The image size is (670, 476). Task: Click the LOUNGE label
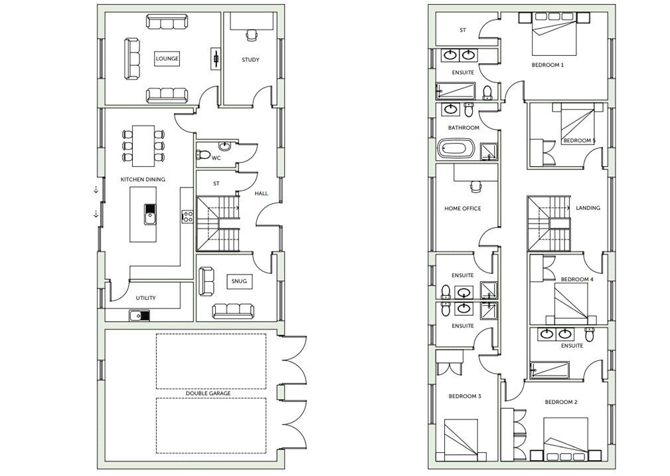tap(167, 59)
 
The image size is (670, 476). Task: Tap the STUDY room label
tap(250, 60)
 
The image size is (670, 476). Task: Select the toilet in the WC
tap(204, 154)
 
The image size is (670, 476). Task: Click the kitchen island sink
tap(150, 214)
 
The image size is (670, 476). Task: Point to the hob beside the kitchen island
tap(187, 217)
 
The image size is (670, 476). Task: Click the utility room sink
tap(139, 316)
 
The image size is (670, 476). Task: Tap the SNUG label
tap(239, 281)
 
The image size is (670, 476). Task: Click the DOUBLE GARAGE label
tap(208, 393)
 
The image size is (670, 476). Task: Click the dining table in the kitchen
tap(143, 146)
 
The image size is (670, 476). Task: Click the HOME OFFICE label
tap(462, 208)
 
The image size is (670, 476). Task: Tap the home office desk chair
tap(475, 186)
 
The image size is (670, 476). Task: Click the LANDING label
tap(588, 208)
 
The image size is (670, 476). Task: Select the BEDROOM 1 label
tap(547, 65)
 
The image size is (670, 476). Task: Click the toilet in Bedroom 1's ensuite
tap(487, 93)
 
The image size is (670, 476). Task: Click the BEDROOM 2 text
tap(561, 402)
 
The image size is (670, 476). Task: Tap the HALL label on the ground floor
tap(262, 193)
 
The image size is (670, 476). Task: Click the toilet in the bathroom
tap(469, 110)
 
